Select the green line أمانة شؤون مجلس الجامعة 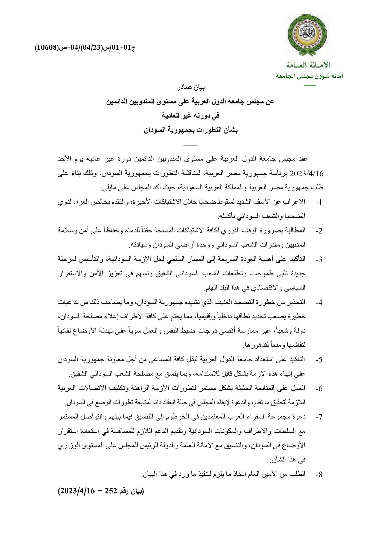[309, 76]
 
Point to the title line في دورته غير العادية [190, 115]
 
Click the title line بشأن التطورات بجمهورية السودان [190, 130]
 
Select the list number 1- [319, 202]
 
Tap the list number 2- [319, 231]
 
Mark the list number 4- [319, 302]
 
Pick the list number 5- [319, 360]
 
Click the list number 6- [319, 389]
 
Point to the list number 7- [319, 417]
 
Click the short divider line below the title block [190, 146]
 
